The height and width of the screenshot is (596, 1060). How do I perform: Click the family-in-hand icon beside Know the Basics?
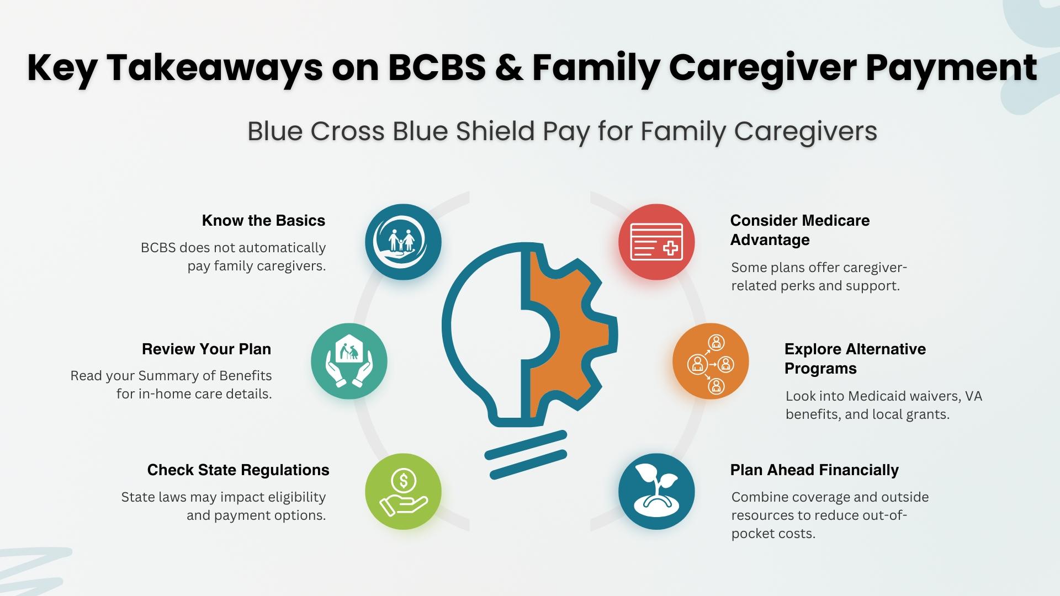[403, 242]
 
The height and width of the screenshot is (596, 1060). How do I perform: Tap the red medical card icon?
[656, 242]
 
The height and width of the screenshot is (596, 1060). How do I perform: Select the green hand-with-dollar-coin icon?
[403, 491]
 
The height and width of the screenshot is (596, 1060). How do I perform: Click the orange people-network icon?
[711, 361]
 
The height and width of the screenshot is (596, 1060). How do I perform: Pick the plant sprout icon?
[656, 491]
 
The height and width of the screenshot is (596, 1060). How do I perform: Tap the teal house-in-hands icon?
[349, 361]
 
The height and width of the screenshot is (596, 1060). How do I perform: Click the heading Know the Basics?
[263, 221]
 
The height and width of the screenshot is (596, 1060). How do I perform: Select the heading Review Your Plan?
[206, 349]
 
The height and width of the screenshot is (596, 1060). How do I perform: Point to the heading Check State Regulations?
[238, 470]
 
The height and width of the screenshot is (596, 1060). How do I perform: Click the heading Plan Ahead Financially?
[814, 470]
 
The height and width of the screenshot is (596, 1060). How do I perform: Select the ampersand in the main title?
[509, 68]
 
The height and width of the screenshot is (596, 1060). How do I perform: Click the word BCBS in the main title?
[437, 68]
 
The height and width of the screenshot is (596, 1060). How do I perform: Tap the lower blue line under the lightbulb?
[528, 464]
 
